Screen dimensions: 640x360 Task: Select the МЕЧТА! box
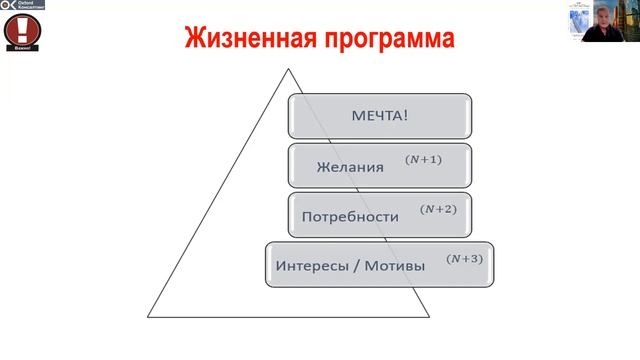(x=380, y=115)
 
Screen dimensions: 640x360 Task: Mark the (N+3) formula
(x=464, y=259)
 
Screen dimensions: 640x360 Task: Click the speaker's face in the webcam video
(x=600, y=19)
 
